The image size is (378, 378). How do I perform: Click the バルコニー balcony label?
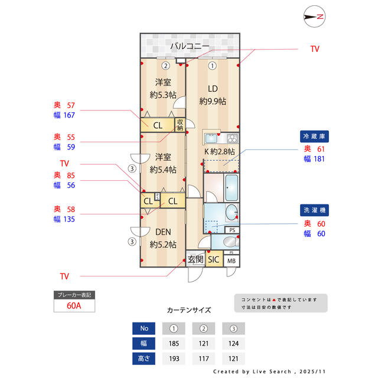pyautogui.click(x=190, y=45)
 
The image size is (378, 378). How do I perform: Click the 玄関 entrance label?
pyautogui.click(x=195, y=259)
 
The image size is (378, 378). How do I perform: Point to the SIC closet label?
pyautogui.click(x=213, y=259)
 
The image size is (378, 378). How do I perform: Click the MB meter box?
pyautogui.click(x=231, y=260)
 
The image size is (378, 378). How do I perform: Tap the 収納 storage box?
pyautogui.click(x=180, y=125)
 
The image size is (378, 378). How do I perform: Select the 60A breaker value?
pyautogui.click(x=74, y=306)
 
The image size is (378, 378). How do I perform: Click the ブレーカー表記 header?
pyautogui.click(x=74, y=295)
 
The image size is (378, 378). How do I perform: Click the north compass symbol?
pyautogui.click(x=314, y=17)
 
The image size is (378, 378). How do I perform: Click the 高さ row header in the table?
pyautogui.click(x=144, y=358)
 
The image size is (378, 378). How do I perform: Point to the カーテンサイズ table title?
pyautogui.click(x=188, y=309)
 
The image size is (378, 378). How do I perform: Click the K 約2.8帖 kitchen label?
pyautogui.click(x=220, y=152)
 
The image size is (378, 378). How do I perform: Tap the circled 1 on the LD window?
pyautogui.click(x=211, y=66)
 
